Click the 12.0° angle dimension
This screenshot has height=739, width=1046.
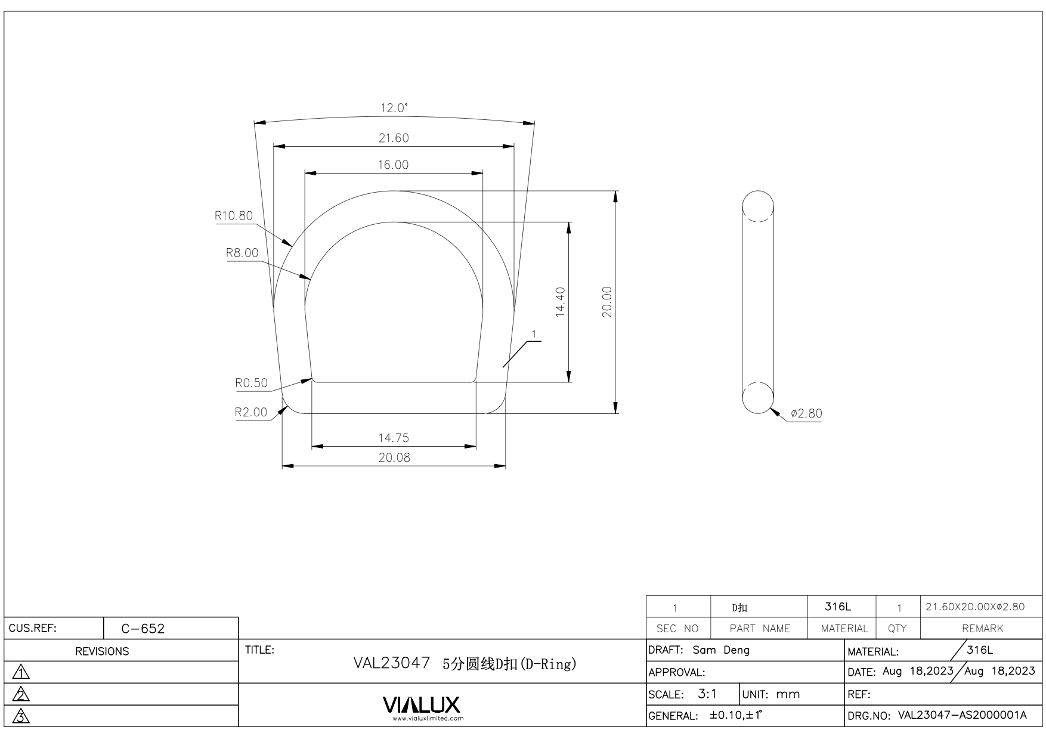(394, 108)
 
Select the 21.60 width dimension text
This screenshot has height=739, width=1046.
(394, 138)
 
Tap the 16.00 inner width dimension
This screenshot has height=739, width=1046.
(393, 165)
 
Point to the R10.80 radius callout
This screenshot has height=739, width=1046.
(234, 215)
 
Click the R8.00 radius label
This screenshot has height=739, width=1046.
(242, 252)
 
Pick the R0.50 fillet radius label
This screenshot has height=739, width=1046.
(252, 383)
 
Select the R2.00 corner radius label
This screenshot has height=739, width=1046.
(251, 412)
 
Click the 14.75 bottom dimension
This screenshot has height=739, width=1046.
(394, 438)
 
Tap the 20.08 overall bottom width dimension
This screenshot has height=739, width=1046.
(394, 457)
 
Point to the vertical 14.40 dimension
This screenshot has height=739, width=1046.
(560, 302)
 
